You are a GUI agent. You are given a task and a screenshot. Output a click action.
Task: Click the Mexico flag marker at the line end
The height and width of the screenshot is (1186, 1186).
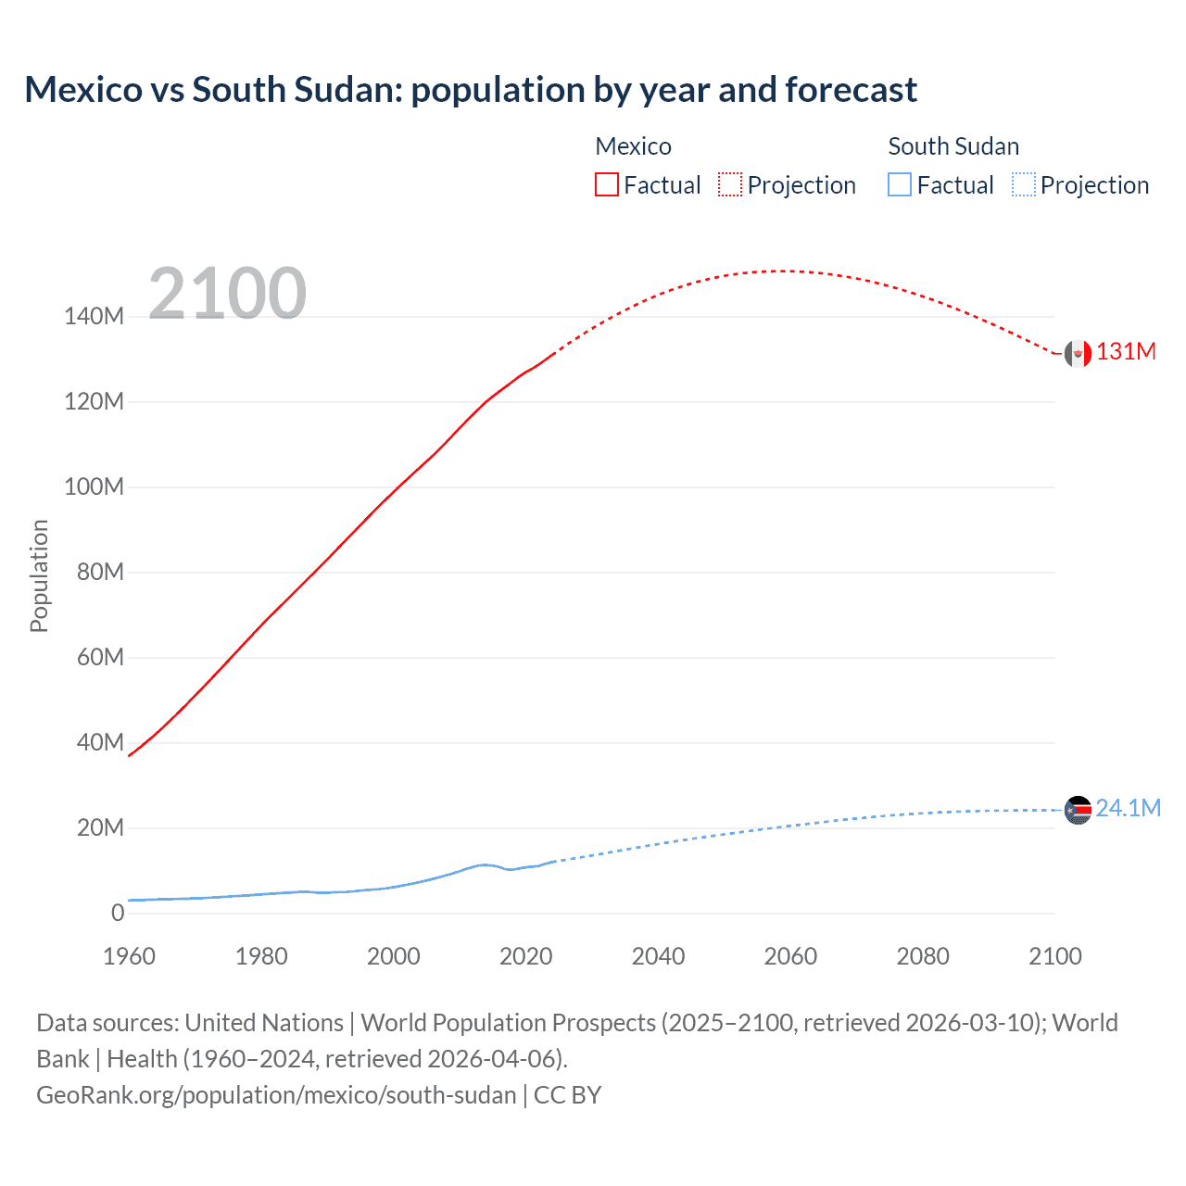coord(1078,353)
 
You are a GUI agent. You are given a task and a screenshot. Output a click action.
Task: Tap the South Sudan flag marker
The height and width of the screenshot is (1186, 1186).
coord(1078,810)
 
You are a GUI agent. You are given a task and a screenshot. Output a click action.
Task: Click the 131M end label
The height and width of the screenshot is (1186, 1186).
coord(1126,352)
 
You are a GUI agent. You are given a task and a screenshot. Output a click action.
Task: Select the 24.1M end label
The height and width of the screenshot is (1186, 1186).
coord(1128,809)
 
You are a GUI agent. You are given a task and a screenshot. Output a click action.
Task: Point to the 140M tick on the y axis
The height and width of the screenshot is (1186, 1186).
coord(94,317)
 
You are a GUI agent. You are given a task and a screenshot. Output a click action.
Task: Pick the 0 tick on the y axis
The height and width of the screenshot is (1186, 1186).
coord(118,914)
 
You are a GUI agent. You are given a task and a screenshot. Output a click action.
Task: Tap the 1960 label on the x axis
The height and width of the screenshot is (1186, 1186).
coord(129,956)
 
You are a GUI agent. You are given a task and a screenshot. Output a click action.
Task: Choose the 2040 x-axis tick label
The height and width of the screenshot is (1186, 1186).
coord(658,956)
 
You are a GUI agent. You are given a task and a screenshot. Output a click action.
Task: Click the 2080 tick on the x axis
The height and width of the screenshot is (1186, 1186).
coord(923,956)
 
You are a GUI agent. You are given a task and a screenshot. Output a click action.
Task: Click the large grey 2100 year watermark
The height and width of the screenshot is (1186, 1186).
coord(227,294)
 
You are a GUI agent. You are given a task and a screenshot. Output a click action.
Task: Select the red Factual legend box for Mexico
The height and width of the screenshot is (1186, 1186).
coord(606,184)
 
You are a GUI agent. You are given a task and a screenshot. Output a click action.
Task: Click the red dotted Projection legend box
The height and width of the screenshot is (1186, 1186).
coord(730,184)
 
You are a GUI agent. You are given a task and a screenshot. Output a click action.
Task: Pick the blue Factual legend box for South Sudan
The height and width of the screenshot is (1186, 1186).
coord(900,184)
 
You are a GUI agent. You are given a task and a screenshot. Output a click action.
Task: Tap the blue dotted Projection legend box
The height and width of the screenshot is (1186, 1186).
coord(1024,184)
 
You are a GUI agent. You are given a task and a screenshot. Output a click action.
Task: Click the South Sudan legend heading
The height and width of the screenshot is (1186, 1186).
coord(953,146)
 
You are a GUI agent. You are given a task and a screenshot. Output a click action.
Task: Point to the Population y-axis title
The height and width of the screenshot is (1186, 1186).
coord(39,575)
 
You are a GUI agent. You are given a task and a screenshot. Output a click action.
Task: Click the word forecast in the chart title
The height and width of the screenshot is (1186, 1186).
coord(851,90)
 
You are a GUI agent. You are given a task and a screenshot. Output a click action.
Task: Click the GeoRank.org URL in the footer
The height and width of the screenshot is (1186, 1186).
coord(276,1095)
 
